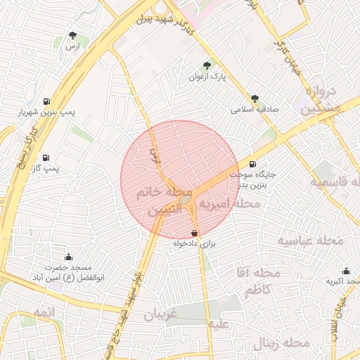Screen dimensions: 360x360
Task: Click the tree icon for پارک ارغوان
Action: (x=207, y=65)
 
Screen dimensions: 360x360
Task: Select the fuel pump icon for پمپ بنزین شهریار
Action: (x=46, y=101)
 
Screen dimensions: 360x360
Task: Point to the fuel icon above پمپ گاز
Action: (x=46, y=157)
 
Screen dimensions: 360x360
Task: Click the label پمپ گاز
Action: (x=46, y=169)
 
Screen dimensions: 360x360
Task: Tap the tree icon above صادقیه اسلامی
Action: (x=255, y=99)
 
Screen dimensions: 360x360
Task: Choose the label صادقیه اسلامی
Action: (x=252, y=110)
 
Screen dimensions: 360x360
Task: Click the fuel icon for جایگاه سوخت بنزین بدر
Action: (x=253, y=165)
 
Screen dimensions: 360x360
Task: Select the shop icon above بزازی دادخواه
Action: (x=194, y=233)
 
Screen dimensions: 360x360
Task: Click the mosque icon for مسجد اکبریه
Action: (x=346, y=271)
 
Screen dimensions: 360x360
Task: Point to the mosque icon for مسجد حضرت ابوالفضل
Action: (x=68, y=257)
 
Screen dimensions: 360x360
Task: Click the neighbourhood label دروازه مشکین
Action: (x=323, y=101)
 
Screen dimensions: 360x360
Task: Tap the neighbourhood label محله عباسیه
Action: (x=310, y=241)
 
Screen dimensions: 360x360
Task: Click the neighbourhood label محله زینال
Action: (x=282, y=343)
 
